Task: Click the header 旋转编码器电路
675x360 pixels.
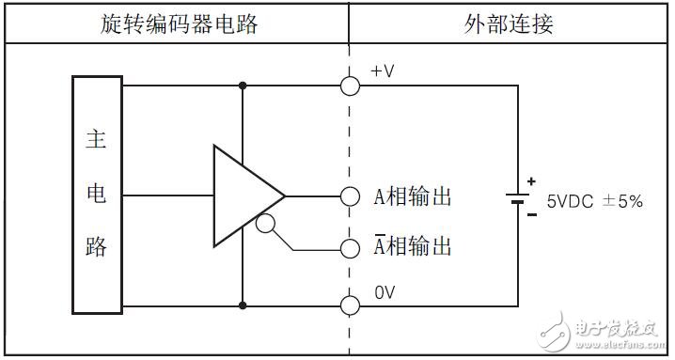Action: (x=179, y=24)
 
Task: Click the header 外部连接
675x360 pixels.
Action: (x=510, y=24)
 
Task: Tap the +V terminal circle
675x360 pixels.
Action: (x=350, y=86)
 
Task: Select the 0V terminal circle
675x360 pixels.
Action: (x=350, y=305)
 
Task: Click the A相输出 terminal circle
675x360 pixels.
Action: (x=350, y=196)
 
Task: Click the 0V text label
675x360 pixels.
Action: (x=385, y=292)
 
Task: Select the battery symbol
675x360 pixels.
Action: (x=517, y=197)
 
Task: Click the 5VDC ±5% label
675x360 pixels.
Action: (x=594, y=200)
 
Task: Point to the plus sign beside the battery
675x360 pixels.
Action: (x=531, y=180)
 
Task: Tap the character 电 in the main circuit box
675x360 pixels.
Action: (x=97, y=195)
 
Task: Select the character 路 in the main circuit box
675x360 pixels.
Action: (x=97, y=247)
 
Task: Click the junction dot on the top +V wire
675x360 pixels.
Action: (x=243, y=86)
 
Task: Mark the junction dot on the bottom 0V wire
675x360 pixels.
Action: (x=243, y=305)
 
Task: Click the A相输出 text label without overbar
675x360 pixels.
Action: (x=414, y=196)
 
